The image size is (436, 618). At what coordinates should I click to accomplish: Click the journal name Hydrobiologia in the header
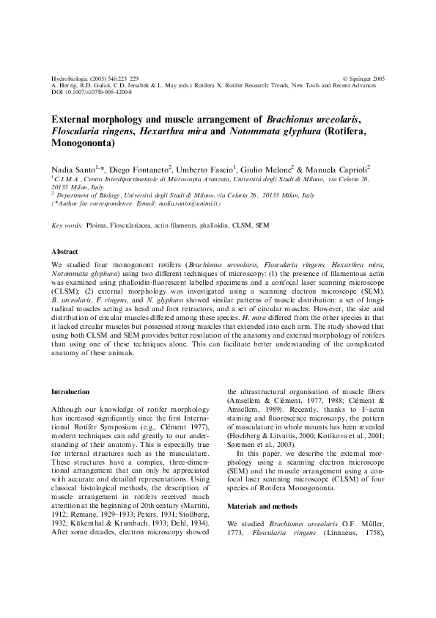68,78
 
